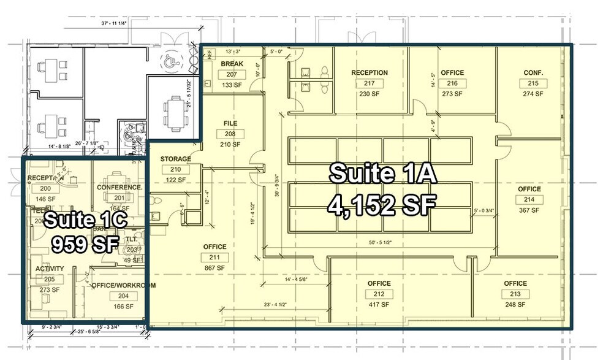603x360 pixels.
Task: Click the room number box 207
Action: coord(233,74)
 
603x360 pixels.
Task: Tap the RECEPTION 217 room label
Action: coord(370,72)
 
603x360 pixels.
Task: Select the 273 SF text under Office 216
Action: coord(452,94)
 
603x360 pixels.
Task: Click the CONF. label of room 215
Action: coord(533,72)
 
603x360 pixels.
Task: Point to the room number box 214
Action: coord(529,200)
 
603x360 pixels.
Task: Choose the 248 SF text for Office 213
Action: coord(515,305)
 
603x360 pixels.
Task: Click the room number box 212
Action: coord(379,294)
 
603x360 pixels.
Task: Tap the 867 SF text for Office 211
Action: coord(214,268)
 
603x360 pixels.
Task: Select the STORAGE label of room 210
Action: coord(176,159)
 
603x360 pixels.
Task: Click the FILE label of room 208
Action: coord(230,123)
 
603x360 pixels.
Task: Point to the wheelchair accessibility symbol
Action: coord(169,60)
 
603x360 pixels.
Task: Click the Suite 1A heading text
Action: coord(383,174)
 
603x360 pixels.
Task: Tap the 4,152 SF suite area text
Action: coord(381,204)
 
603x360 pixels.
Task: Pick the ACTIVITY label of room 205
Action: coord(50,269)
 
